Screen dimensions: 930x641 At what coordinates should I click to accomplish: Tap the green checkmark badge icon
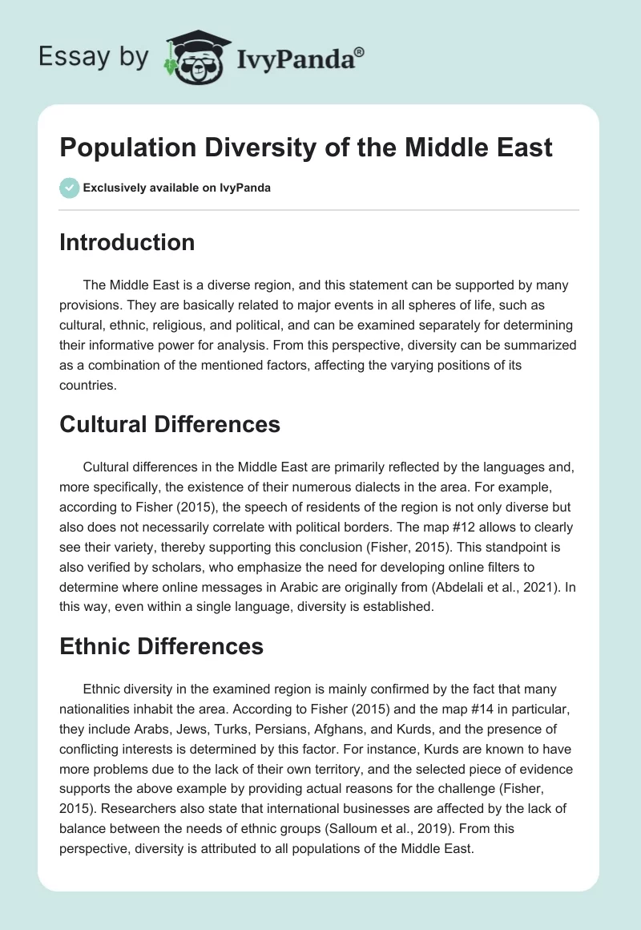point(69,188)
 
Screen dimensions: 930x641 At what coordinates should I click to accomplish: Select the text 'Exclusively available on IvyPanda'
point(177,188)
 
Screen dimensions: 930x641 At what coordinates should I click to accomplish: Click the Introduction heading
point(127,242)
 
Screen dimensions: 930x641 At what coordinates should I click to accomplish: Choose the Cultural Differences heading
point(170,423)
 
